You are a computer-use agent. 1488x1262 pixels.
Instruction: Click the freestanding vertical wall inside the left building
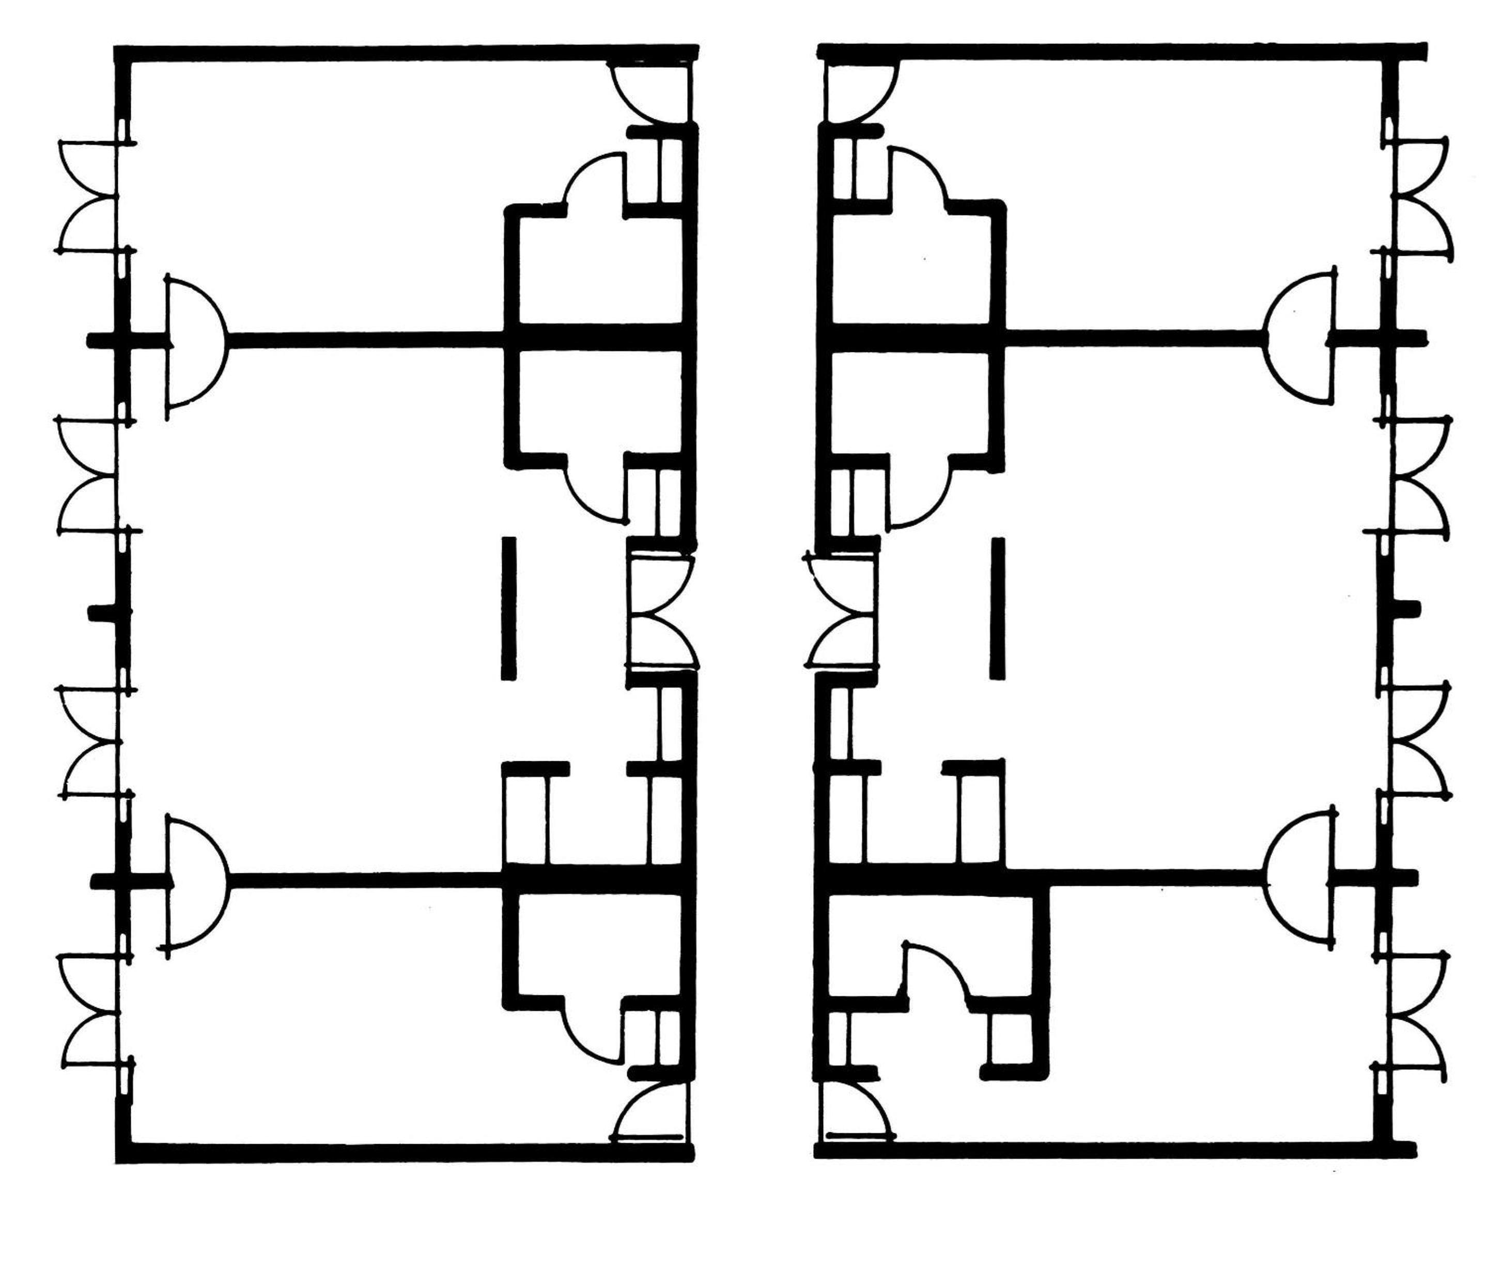pyautogui.click(x=508, y=608)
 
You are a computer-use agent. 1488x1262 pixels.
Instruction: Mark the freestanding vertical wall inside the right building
pyautogui.click(x=997, y=608)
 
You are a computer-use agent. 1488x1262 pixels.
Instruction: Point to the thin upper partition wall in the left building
pyautogui.click(x=365, y=340)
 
